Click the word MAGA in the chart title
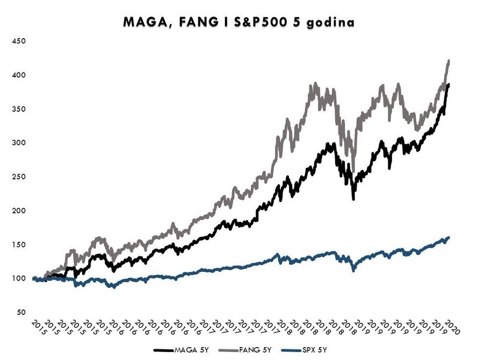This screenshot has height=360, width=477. tap(146, 22)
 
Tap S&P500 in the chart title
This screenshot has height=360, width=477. tap(261, 22)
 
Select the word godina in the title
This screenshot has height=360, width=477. tap(330, 23)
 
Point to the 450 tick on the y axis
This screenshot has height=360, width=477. tap(19, 41)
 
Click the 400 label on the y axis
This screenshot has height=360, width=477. tap(19, 75)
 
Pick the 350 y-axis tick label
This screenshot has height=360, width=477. tap(19, 109)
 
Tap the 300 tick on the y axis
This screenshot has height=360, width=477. tap(19, 143)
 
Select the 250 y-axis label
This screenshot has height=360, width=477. tap(19, 177)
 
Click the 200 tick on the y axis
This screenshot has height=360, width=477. tap(19, 211)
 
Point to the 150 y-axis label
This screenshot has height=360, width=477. tap(19, 244)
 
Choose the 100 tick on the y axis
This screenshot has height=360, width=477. tap(19, 278)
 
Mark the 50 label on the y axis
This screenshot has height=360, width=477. tap(21, 313)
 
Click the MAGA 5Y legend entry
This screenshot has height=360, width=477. tap(182, 350)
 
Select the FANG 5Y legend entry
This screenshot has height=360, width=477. tap(245, 350)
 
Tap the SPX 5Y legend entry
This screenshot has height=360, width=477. tap(305, 350)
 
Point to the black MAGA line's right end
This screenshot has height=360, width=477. tap(449, 85)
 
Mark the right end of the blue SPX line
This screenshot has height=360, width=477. tap(449, 237)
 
